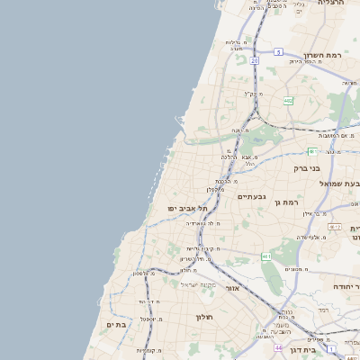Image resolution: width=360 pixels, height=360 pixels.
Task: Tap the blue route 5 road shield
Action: [279, 51]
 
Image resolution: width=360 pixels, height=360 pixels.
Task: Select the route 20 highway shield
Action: [255, 60]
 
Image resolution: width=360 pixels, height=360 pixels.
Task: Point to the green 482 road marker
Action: [288, 101]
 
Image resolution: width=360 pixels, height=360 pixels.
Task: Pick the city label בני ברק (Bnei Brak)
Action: [307, 167]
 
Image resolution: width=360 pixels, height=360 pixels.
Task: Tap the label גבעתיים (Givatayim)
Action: [253, 196]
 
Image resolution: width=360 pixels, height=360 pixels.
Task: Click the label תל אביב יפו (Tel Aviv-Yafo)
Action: [187, 208]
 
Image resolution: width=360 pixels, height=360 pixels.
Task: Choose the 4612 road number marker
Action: [335, 227]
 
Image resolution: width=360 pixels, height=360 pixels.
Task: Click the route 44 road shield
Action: [278, 346]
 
